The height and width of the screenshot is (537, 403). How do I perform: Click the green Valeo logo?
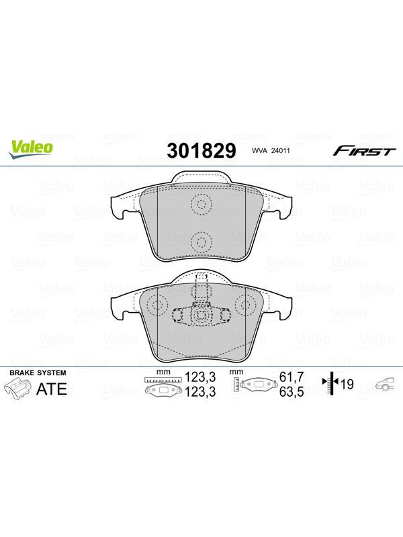coord(32,149)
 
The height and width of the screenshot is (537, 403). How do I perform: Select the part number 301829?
coord(201,150)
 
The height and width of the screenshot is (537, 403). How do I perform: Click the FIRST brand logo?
coord(364,150)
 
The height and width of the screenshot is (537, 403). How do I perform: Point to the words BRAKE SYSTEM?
coord(38,373)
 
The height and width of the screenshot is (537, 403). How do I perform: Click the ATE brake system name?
coord(52,389)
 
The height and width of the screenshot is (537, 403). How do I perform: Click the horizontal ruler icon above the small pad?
coord(163,380)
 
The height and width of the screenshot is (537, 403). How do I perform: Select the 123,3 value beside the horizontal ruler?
coord(200,377)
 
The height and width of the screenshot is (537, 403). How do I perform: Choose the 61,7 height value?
coord(292,377)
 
